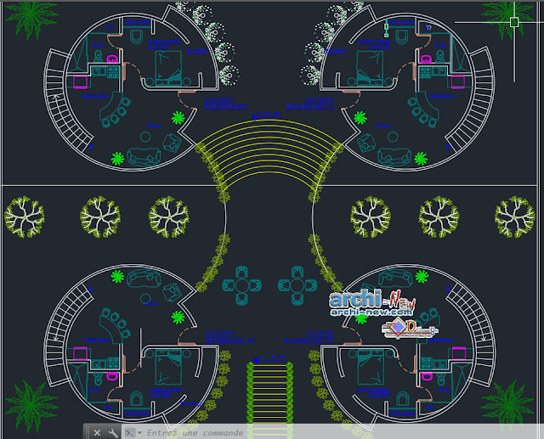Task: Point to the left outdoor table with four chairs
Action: coord(242,284)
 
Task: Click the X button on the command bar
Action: coord(97,432)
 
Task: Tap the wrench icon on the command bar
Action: coord(114,432)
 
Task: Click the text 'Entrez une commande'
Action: coord(195,432)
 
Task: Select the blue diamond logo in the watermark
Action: coord(398,325)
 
